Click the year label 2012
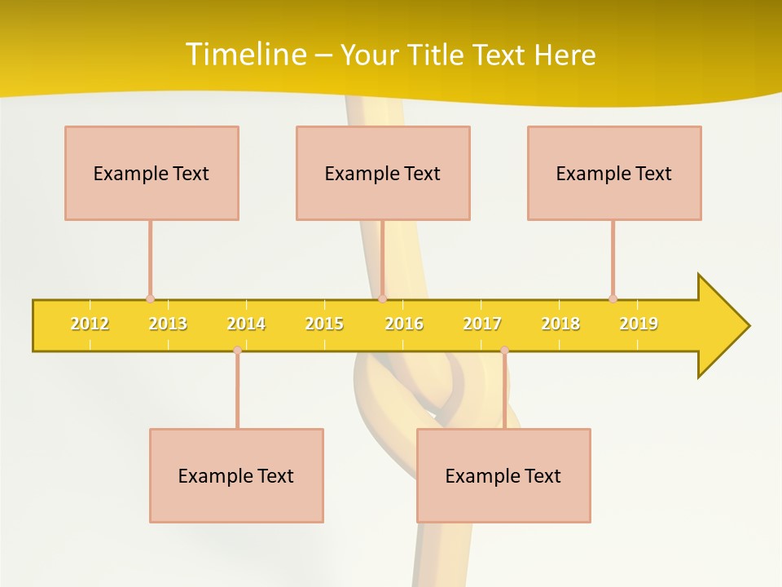pyautogui.click(x=90, y=324)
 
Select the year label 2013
pyautogui.click(x=168, y=324)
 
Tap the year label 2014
pyautogui.click(x=246, y=324)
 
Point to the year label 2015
pyautogui.click(x=324, y=324)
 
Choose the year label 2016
pyautogui.click(x=404, y=324)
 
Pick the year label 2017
pyautogui.click(x=482, y=324)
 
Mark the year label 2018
pyautogui.click(x=560, y=324)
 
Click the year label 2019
pyautogui.click(x=639, y=324)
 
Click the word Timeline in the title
pyautogui.click(x=244, y=55)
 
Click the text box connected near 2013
pyautogui.click(x=152, y=173)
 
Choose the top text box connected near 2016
pyautogui.click(x=383, y=173)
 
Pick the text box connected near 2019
pyautogui.click(x=614, y=173)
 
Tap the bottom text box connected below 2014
pyautogui.click(x=236, y=475)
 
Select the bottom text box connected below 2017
pyautogui.click(x=503, y=475)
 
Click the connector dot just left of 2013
pyautogui.click(x=150, y=299)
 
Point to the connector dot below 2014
pyautogui.click(x=237, y=350)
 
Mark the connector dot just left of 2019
pyautogui.click(x=613, y=298)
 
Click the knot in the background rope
pyautogui.click(x=432, y=391)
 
